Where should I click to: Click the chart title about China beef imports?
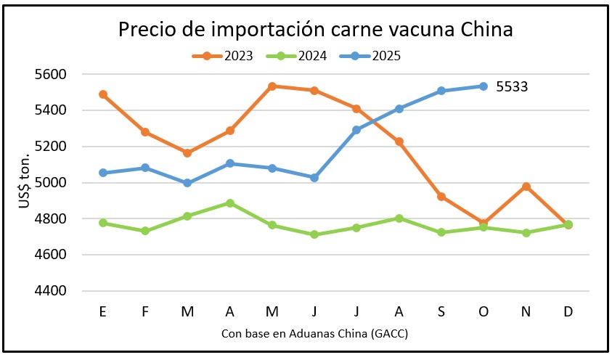[x=315, y=30]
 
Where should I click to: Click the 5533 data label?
[x=512, y=87]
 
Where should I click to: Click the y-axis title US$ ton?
[x=24, y=182]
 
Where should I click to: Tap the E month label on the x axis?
[x=103, y=311]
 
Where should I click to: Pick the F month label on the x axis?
[x=145, y=311]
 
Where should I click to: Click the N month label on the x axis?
[x=526, y=311]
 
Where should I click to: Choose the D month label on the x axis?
[x=568, y=311]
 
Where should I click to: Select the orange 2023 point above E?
[x=103, y=94]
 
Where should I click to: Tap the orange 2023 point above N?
[x=526, y=187]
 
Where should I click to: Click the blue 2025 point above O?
[x=484, y=86]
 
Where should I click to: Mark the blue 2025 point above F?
[x=145, y=168]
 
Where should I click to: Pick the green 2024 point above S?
[x=441, y=232]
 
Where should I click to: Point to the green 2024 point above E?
[x=103, y=223]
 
